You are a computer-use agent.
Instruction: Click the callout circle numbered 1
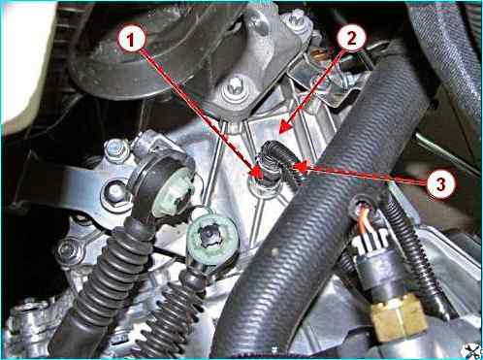click(x=130, y=40)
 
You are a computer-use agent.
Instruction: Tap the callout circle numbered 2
click(x=351, y=39)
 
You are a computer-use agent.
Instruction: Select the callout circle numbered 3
click(x=440, y=183)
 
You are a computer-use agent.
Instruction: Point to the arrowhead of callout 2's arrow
click(x=285, y=127)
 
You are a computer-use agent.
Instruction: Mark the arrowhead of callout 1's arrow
click(x=258, y=172)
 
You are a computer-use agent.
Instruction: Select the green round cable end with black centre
click(x=212, y=236)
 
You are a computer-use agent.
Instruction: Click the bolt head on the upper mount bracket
click(x=236, y=87)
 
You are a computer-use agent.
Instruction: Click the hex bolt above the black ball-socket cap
click(x=117, y=150)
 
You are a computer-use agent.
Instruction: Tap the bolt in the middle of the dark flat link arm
click(x=115, y=192)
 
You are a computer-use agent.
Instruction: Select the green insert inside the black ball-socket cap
click(x=172, y=196)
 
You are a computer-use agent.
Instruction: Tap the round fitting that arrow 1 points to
click(x=265, y=187)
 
